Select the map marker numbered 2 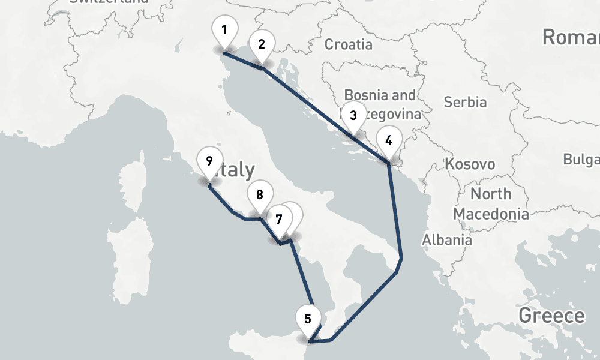pyautogui.click(x=262, y=45)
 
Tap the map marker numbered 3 pyautogui.click(x=353, y=116)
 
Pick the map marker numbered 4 pyautogui.click(x=389, y=142)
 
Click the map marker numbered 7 pyautogui.click(x=279, y=220)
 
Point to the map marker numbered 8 pyautogui.click(x=260, y=196)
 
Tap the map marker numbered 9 pyautogui.click(x=209, y=162)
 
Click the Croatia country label pyautogui.click(x=348, y=44)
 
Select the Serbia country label pyautogui.click(x=465, y=102)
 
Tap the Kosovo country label pyautogui.click(x=470, y=164)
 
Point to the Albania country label pyautogui.click(x=446, y=240)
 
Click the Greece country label pyautogui.click(x=551, y=316)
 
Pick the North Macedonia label pyautogui.click(x=491, y=204)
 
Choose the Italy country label pyautogui.click(x=237, y=170)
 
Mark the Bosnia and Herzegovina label pyautogui.click(x=380, y=104)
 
